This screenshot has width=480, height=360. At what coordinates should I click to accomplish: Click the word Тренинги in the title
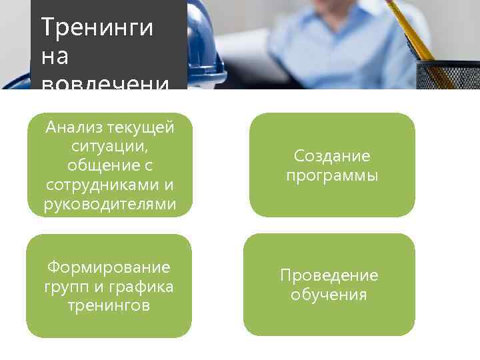[x=97, y=28]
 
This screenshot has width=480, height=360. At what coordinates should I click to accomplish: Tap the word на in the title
[x=55, y=57]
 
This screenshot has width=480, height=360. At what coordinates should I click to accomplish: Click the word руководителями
[x=110, y=203]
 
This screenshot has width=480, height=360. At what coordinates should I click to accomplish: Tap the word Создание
[x=332, y=156]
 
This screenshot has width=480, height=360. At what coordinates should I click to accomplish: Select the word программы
[x=332, y=175]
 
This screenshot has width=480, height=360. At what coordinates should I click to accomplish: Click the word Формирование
[x=109, y=267]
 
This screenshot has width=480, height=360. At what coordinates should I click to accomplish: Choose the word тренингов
[x=109, y=306]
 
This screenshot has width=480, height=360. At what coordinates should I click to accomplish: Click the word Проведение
[x=329, y=275]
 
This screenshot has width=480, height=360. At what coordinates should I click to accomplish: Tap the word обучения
[x=329, y=295]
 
